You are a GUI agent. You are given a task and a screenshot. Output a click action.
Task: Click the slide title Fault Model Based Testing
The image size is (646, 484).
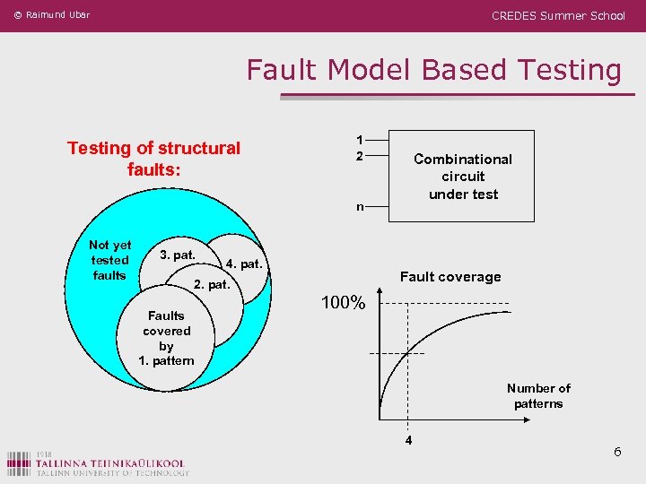(433, 70)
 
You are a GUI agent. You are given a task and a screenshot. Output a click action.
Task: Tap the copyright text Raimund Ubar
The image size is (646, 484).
(51, 14)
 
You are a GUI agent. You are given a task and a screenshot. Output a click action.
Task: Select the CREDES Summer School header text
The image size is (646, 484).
(558, 15)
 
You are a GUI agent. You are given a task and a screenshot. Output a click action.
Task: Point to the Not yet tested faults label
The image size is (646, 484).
(109, 260)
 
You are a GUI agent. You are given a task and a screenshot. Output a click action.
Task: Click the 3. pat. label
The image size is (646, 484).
(177, 255)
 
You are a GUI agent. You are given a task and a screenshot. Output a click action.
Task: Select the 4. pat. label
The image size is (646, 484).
(243, 264)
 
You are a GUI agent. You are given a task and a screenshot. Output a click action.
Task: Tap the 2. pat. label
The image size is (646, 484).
(213, 286)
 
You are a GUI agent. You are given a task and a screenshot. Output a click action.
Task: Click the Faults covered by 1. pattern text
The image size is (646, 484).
(166, 338)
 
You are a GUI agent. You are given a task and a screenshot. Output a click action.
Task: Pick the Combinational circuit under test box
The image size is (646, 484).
(463, 176)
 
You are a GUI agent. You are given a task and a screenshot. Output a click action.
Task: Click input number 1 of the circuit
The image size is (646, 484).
(359, 140)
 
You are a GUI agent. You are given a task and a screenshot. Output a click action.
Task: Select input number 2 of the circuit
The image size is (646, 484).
(359, 156)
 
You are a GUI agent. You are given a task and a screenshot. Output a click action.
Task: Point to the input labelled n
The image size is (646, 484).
(359, 207)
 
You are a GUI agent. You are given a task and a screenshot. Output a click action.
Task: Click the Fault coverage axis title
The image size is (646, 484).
(450, 277)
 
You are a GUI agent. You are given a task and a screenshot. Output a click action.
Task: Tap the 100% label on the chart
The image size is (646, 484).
(343, 303)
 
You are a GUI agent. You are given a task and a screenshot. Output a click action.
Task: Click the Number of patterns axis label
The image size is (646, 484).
(538, 395)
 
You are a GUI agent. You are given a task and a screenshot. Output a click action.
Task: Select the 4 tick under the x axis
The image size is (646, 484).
(408, 441)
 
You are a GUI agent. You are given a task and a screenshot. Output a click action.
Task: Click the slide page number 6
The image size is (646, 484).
(617, 452)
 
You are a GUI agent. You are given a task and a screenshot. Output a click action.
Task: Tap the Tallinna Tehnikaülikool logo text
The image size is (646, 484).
(111, 463)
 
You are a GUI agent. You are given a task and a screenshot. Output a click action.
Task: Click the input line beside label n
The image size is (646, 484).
(377, 207)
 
